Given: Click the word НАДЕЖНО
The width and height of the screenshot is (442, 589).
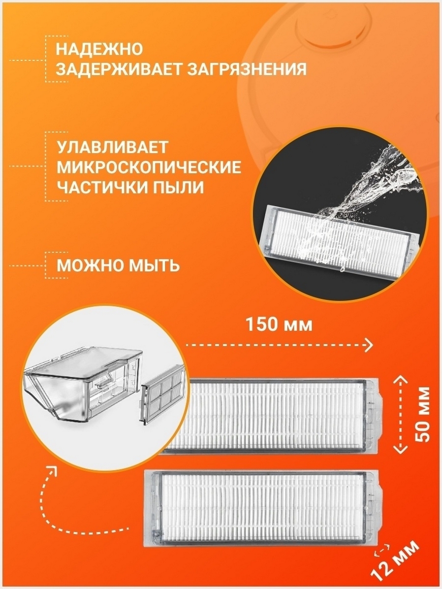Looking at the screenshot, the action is tap(100, 49).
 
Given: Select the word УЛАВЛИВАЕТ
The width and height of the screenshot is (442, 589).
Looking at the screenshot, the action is tap(112, 147).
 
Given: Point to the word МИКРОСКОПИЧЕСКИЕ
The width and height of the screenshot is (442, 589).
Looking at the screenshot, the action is tap(149, 167).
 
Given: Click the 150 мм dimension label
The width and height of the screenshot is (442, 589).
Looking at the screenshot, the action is tap(279, 324).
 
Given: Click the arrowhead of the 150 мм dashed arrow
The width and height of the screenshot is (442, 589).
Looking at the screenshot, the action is tap(369, 345).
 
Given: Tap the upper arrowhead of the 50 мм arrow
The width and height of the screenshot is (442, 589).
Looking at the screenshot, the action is tap(401, 379).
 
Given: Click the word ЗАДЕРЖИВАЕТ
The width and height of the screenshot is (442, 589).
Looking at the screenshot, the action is tap(119, 70).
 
